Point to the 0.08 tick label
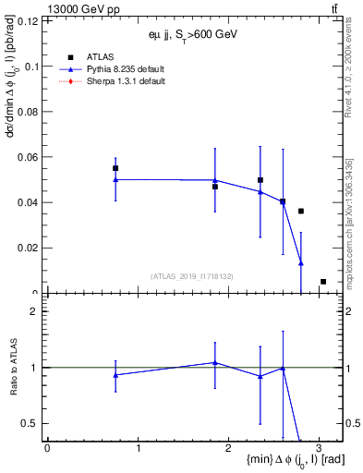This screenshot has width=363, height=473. pyautogui.click(x=30, y=112)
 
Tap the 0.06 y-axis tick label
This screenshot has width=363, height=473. pyautogui.click(x=30, y=157)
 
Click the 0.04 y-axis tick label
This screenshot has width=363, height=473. pyautogui.click(x=30, y=202)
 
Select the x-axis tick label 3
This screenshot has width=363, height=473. pyautogui.click(x=319, y=450)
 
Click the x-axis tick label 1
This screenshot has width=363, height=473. pyautogui.click(x=138, y=450)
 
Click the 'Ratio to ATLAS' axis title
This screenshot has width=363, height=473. pyautogui.click(x=13, y=367)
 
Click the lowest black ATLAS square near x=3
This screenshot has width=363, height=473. pyautogui.click(x=323, y=282)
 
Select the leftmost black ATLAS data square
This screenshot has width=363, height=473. pyautogui.click(x=115, y=168)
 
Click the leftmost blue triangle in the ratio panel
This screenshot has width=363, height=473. pyautogui.click(x=115, y=375)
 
